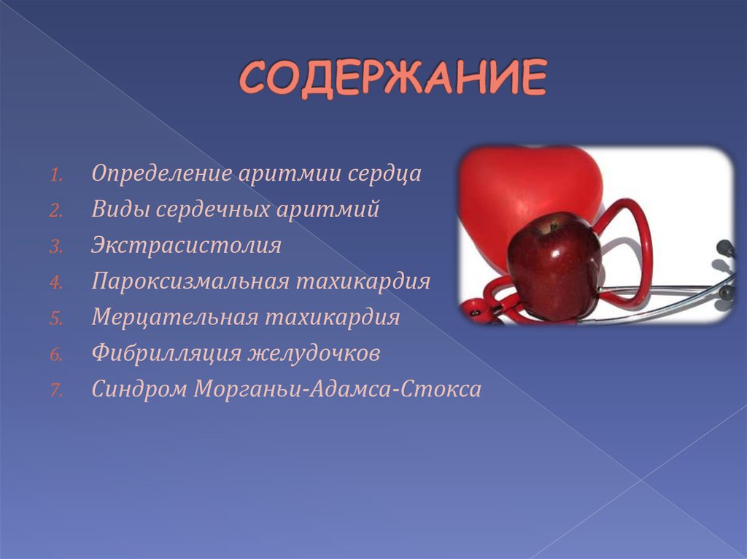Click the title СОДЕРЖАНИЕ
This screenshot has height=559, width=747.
tap(392, 79)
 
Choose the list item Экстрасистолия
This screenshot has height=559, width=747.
tap(186, 246)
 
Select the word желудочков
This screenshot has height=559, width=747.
tap(315, 353)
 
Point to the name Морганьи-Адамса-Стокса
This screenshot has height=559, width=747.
tap(337, 388)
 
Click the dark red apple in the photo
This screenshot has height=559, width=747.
tap(553, 266)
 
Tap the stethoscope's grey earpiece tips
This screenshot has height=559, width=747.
tap(724, 292)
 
